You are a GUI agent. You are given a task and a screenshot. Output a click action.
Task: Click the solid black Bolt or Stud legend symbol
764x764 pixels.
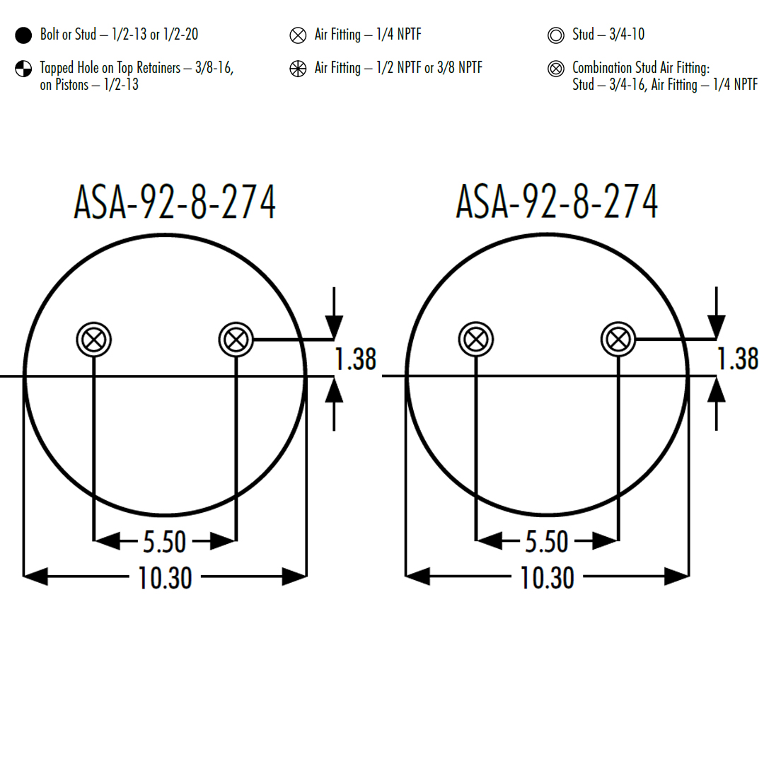[x=23, y=35]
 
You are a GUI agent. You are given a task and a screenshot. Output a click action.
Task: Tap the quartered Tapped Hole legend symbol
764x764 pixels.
[x=23, y=69]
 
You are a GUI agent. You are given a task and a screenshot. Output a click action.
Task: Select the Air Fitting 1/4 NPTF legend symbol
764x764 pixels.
[x=298, y=35]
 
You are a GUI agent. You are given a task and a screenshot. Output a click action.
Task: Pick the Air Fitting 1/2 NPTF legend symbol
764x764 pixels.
[x=298, y=69]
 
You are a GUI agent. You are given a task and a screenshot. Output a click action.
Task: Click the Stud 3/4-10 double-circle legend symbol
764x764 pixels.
[x=556, y=35]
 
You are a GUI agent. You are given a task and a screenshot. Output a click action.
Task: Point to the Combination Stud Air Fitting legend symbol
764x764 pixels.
[x=556, y=69]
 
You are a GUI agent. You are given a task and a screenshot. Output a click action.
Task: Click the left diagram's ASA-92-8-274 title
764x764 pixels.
[x=175, y=201]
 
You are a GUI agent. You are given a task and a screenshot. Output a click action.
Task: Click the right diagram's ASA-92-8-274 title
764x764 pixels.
[x=557, y=201]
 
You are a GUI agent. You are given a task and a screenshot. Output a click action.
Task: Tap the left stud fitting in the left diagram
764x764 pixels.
[x=94, y=339]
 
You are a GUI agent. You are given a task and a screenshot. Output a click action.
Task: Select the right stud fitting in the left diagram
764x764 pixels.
[x=236, y=339]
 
